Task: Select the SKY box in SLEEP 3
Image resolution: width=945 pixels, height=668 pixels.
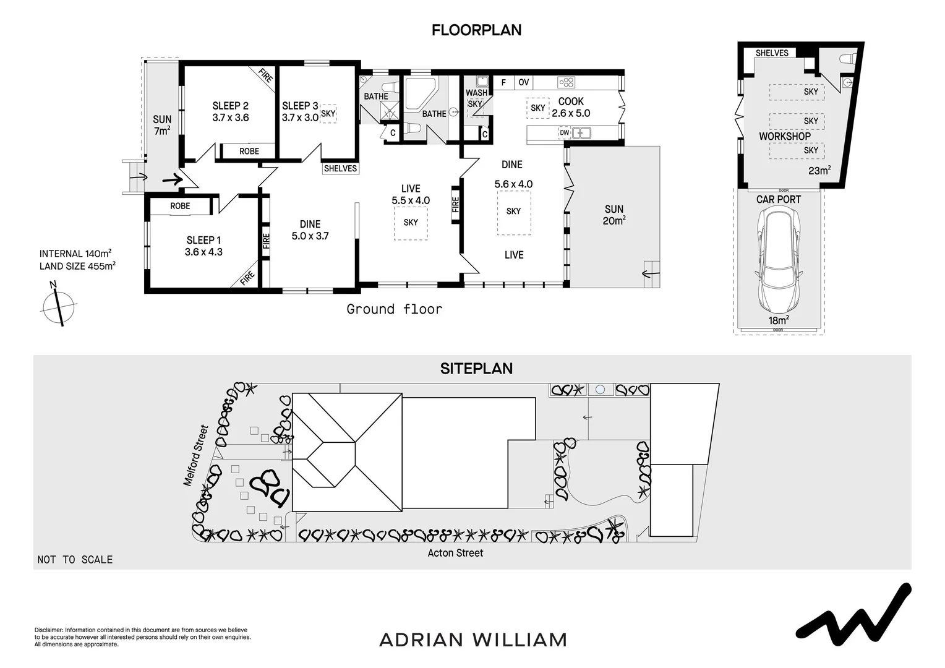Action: point(328,114)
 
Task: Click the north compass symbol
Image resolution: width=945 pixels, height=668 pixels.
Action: point(59,304)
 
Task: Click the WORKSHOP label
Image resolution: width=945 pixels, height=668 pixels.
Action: point(784,136)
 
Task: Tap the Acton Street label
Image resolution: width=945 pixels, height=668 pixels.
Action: point(455,553)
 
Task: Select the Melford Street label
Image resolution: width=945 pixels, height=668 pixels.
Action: point(196,455)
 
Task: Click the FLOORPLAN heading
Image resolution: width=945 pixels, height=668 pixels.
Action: point(476,30)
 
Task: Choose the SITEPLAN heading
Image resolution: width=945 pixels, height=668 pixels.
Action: point(476,369)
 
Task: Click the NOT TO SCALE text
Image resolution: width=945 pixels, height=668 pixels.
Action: point(75,560)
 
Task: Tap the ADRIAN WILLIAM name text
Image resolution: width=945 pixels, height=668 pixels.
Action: point(472,640)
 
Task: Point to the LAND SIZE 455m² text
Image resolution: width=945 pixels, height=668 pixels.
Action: point(77,266)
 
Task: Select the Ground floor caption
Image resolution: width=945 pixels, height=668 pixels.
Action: point(394,309)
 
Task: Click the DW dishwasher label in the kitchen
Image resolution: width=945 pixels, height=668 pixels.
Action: point(564,132)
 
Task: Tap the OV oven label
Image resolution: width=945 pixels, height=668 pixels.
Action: point(523,82)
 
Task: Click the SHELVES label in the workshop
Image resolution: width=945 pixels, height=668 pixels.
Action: point(772,53)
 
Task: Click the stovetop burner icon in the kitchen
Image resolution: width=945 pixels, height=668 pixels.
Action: point(566,82)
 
